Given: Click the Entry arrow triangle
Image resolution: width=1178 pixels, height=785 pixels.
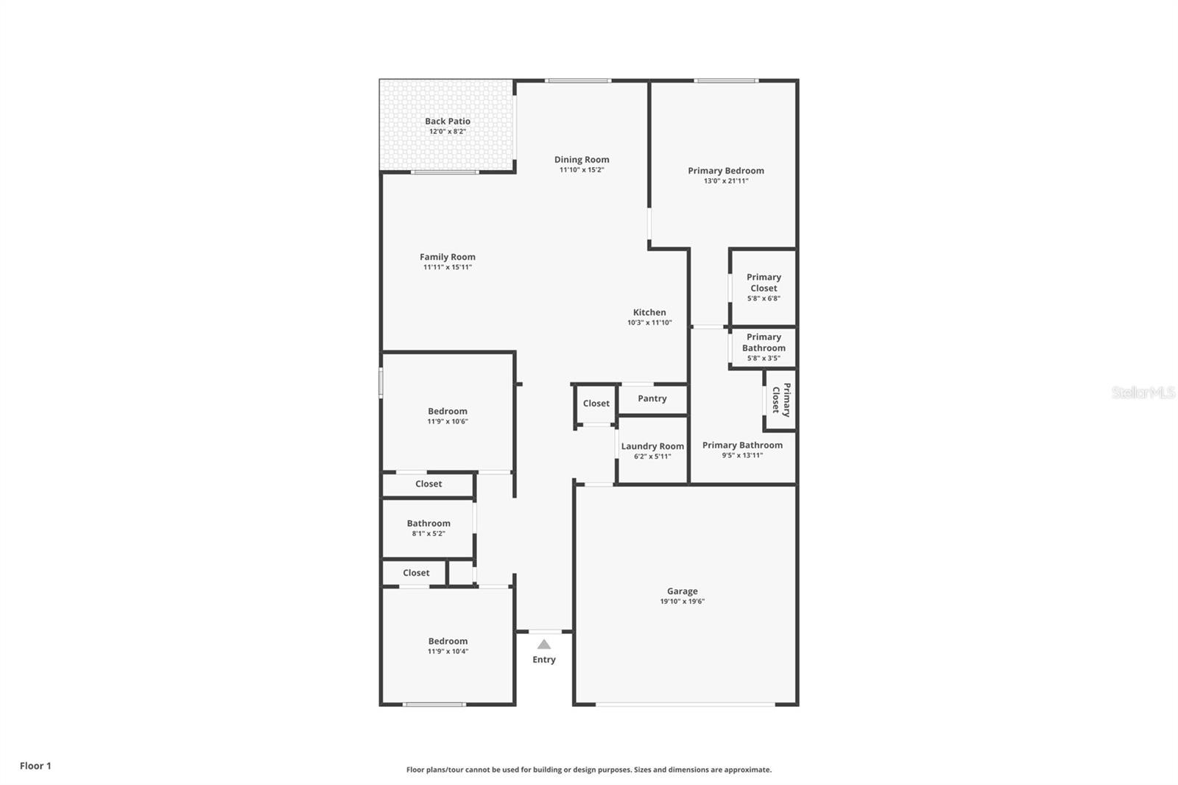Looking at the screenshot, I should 543,644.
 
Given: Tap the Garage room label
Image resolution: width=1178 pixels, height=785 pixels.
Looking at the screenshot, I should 682,591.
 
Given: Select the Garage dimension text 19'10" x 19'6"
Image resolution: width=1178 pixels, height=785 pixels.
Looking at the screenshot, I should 682,602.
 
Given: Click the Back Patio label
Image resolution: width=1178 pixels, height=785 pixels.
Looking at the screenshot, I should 447,121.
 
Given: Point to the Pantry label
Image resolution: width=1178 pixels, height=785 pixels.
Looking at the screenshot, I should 652,398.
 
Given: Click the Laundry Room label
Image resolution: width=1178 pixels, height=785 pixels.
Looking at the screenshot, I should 652,446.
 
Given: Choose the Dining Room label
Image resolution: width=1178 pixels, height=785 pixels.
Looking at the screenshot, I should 581,159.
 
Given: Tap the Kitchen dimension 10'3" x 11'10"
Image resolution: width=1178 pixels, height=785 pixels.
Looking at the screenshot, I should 649,323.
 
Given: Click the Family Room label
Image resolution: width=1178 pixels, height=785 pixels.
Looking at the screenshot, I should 447,256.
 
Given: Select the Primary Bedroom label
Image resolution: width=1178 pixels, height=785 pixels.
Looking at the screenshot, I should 725,170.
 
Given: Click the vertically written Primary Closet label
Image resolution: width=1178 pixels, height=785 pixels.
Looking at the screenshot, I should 780,400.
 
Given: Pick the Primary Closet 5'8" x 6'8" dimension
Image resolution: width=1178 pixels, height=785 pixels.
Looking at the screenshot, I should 763,298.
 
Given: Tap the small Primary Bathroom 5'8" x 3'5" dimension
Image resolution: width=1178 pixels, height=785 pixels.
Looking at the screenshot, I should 763,359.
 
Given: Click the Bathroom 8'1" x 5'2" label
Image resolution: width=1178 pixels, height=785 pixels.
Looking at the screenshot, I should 428,523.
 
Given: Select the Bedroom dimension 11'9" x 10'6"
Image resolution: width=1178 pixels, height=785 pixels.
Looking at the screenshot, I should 447,422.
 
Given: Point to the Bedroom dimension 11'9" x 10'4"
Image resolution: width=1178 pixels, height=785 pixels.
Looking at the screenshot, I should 447,652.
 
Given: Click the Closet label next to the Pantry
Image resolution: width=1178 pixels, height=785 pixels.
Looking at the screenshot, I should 596,403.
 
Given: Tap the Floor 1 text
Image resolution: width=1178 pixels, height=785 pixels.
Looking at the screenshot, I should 35,766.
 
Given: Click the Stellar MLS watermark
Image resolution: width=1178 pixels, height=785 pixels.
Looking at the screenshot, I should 1143,392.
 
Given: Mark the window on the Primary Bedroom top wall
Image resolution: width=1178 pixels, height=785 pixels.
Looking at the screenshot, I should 725,80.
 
